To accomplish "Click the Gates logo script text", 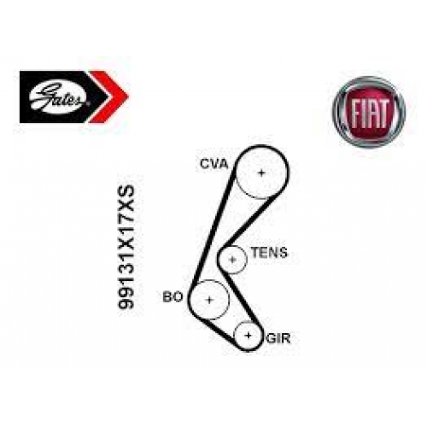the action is pos(59,97).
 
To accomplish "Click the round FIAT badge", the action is pos(369,112).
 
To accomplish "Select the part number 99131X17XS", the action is pos(126,247).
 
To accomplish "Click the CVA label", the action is pos(214,164).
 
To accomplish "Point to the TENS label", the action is pos(269,253).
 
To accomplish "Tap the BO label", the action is pos(173,297).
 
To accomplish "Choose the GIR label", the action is pos(278,338).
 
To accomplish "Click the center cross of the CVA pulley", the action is pos(261,173).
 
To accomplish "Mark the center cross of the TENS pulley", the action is pos(232,260).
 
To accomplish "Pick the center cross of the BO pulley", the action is pos(209,300).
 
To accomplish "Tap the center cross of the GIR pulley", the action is pos(249,336).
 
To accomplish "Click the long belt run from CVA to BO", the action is pos(213,228).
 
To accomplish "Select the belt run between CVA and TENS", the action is pos(249,223).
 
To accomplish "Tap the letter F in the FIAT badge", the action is pos(352,112).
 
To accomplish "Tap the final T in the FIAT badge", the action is pos(385,112).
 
